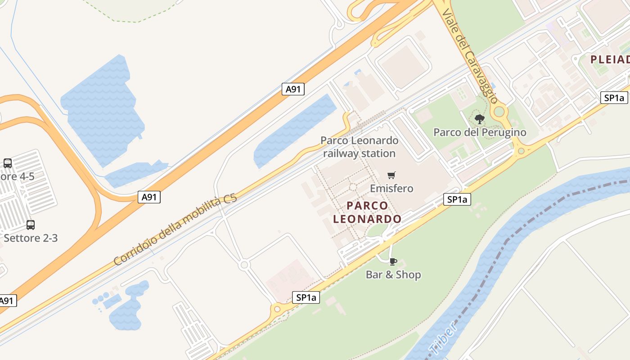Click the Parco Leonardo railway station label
(x=359, y=147)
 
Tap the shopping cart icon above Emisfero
(x=391, y=175)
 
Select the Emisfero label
(x=391, y=188)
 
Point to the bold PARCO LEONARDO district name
(x=368, y=212)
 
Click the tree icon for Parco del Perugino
(x=480, y=119)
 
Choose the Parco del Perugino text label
(x=480, y=132)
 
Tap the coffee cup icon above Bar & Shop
(x=393, y=261)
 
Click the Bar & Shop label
(x=393, y=274)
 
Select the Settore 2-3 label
(x=31, y=238)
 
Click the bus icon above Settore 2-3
(x=31, y=225)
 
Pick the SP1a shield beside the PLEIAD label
(x=614, y=98)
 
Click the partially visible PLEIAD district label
(x=610, y=59)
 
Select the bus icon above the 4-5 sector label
(x=8, y=163)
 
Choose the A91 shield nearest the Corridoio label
(x=149, y=197)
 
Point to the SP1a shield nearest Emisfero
(x=457, y=199)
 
